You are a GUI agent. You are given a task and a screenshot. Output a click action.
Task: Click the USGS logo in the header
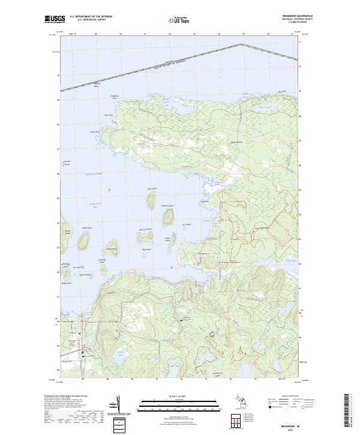coord(53,20)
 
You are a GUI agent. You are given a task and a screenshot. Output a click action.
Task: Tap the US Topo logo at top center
coord(180,19)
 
